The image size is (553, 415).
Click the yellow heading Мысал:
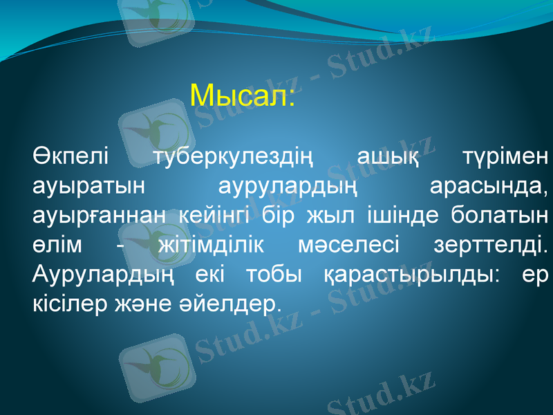243,95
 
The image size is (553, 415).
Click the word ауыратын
88,185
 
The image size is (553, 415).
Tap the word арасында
488,185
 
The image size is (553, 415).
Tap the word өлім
58,245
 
